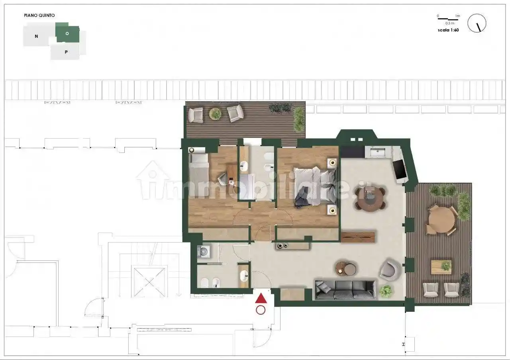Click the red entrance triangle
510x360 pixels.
tap(261, 299)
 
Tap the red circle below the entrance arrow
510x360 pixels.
tap(261, 310)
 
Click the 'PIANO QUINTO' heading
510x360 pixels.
tap(39, 16)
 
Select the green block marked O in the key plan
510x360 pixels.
tap(68, 33)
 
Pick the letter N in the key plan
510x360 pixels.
tap(36, 36)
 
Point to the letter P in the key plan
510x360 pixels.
tap(66, 52)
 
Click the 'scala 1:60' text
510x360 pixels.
tap(448, 30)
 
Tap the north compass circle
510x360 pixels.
tap(477, 23)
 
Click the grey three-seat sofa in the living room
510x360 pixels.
tap(345, 290)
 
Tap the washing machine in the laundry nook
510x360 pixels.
tap(204, 252)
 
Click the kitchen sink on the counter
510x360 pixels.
tap(377, 152)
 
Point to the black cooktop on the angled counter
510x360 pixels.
tap(399, 169)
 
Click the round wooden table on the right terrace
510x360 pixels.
tap(442, 220)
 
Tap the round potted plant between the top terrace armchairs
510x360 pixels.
tap(215, 113)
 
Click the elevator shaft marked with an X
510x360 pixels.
tap(149, 282)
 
